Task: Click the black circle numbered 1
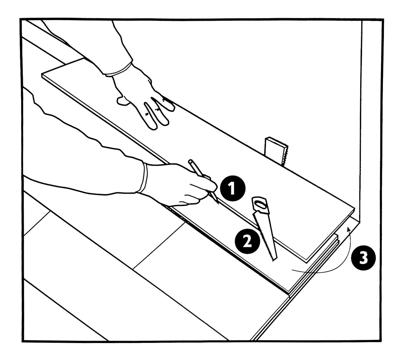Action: tap(233, 189)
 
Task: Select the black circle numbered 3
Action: tap(363, 258)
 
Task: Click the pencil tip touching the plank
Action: tap(218, 204)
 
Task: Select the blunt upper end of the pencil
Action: tap(191, 161)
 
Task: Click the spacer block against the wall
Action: tap(276, 151)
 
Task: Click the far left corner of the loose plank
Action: tap(42, 75)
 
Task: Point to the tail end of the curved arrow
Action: tap(292, 270)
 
